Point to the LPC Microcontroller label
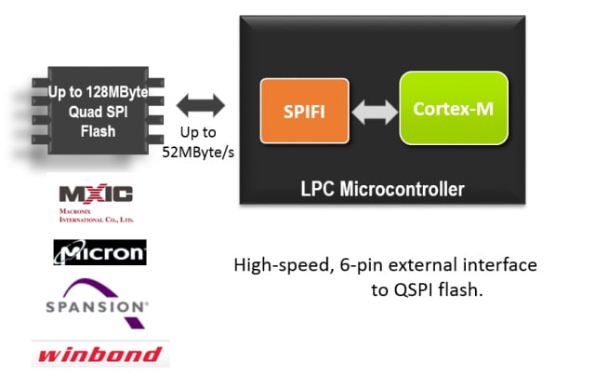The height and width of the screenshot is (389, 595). coord(382,189)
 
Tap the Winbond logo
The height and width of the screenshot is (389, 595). coord(98,354)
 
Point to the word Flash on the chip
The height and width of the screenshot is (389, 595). coord(98,131)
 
